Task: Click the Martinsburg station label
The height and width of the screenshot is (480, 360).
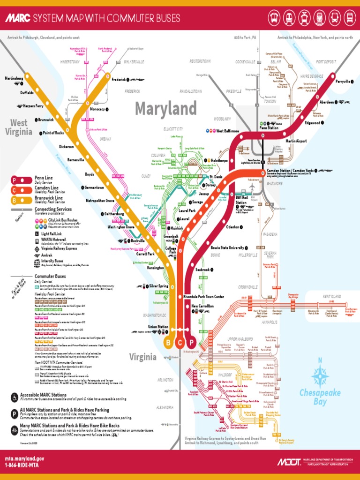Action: pos(14,78)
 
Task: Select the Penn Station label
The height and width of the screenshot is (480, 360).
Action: pos(269,127)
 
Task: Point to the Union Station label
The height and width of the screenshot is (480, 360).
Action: pos(158,327)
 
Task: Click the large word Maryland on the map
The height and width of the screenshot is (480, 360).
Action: pos(166,109)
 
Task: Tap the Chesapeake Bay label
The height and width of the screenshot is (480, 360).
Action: pos(320,397)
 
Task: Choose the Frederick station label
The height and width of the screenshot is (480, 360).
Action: pos(119,80)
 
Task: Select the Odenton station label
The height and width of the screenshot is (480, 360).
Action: pos(232,227)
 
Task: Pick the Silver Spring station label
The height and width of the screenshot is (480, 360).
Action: pos(158,286)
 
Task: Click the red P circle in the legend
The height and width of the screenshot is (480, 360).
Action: pos(15,180)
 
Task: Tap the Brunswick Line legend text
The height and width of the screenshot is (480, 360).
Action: pos(49,198)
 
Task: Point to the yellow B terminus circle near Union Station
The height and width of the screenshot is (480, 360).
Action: pos(168,343)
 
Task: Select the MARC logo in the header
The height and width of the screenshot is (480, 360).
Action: pos(18,18)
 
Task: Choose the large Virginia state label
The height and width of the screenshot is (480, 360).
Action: pos(143,357)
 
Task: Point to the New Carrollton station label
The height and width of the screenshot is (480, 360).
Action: pos(202,306)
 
